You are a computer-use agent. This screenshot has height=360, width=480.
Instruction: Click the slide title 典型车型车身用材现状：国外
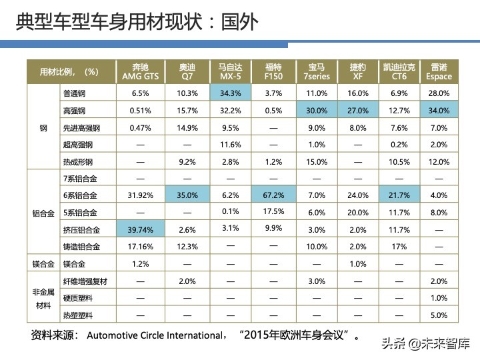pos(137,23)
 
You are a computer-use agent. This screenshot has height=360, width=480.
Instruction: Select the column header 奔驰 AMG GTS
pos(140,71)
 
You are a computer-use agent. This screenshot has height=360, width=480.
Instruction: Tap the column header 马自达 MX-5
pos(230,71)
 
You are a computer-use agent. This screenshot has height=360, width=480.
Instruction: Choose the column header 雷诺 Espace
pos(439,71)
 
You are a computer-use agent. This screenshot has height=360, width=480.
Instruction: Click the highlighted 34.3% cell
pos(230,93)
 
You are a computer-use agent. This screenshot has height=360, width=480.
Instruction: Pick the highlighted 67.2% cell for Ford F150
pos(274,195)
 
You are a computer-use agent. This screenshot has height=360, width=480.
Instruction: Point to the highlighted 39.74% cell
pos(140,229)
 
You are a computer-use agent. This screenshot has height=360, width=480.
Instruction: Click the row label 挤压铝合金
pos(81,229)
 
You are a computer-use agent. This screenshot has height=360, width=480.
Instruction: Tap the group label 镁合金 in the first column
pos(43,264)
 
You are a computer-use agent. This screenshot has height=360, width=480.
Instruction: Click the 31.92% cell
pos(140,195)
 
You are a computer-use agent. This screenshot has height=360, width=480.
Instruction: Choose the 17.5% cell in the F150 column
pos(274,212)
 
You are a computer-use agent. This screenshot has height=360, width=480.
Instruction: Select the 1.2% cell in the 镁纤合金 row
pos(140,264)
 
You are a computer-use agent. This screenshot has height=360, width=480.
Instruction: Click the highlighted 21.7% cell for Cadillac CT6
pos(399,195)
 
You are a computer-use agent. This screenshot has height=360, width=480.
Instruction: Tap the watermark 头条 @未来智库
pos(425,344)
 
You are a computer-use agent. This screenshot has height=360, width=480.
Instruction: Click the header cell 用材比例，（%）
pos(69,71)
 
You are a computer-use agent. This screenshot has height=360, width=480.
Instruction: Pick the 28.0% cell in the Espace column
pos(439,93)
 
